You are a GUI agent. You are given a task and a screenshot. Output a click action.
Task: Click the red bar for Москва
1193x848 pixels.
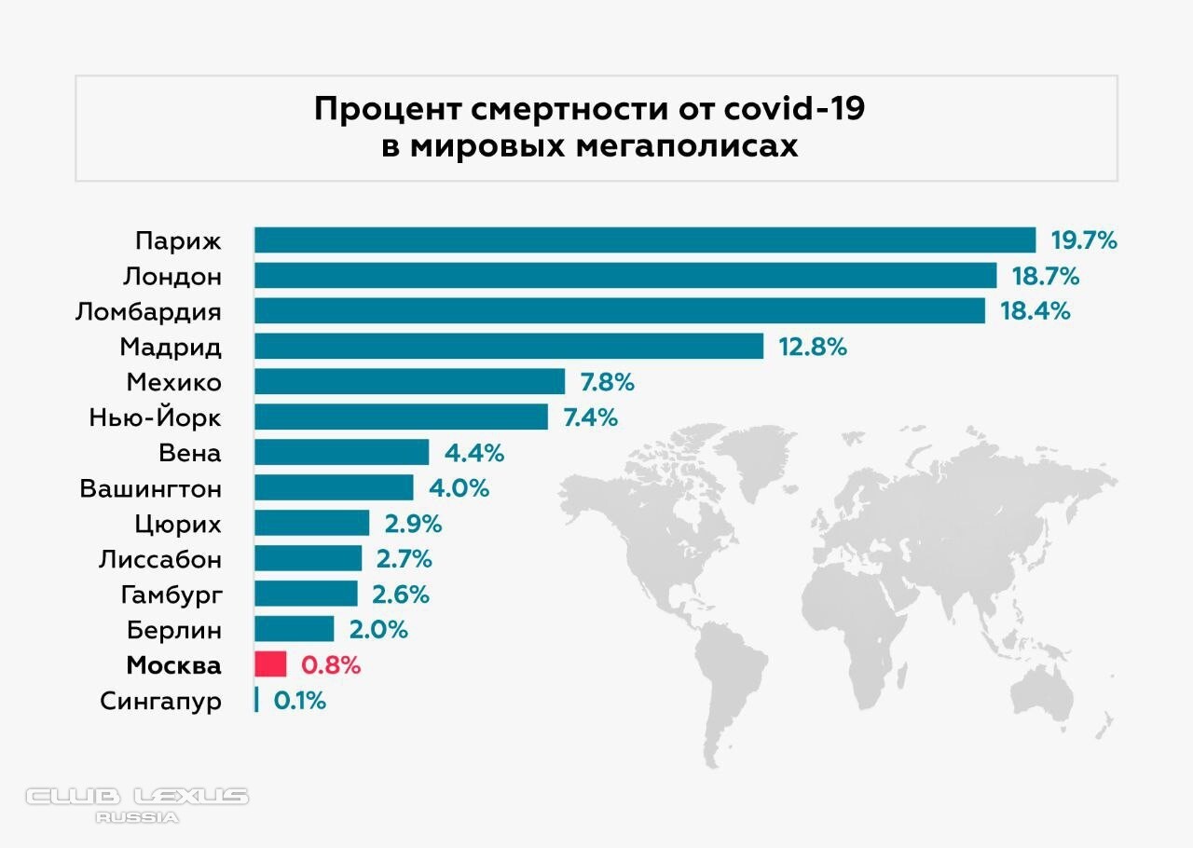[270, 664]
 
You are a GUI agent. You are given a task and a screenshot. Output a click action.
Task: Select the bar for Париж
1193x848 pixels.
[645, 240]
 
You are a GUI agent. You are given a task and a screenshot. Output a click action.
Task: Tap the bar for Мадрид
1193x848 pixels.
[509, 347]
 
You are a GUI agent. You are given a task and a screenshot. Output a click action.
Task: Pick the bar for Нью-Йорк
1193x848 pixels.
[401, 417]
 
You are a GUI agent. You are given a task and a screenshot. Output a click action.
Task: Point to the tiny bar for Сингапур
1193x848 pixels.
[256, 700]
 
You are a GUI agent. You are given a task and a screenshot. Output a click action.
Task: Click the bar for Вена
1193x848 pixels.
[341, 453]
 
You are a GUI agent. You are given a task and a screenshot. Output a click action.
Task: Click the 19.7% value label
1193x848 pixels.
[1084, 240]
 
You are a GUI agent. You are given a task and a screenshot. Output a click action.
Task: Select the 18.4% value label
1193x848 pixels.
[1035, 311]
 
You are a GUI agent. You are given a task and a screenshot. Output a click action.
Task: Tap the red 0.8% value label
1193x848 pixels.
[330, 665]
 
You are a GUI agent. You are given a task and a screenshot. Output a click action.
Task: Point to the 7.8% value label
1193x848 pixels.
[608, 382]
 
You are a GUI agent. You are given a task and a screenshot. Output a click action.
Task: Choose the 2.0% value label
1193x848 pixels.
[378, 630]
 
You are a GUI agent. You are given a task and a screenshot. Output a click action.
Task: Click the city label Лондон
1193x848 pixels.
[171, 277]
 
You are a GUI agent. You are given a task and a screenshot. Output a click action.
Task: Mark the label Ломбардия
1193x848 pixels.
[148, 311]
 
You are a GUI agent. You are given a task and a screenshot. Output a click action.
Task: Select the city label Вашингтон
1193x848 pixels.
[151, 488]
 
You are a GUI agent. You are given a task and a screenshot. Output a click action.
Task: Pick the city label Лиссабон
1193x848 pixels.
[160, 559]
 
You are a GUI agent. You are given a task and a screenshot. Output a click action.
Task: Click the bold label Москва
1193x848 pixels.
[174, 665]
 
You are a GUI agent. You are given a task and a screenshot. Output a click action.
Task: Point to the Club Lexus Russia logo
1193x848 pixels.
[137, 804]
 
